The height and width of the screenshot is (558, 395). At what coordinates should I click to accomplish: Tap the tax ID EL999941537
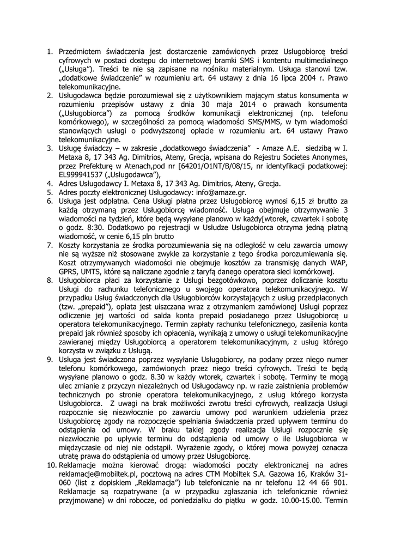(83, 174)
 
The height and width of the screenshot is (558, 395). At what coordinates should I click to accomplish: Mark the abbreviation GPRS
(69, 271)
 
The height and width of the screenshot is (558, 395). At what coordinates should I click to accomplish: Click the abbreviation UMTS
(93, 271)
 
